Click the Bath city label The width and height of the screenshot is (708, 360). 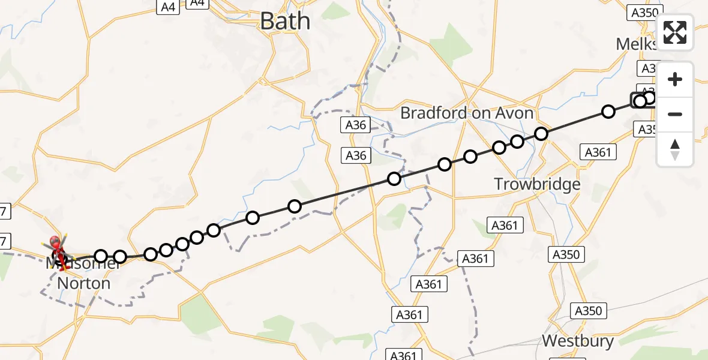coord(285,22)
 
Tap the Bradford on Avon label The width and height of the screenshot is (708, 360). coord(466,113)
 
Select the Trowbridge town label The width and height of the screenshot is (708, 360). coord(537,184)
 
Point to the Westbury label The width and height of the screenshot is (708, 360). coord(577,341)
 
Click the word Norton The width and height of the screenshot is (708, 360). coord(84,283)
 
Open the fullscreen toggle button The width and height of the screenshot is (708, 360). coord(675,32)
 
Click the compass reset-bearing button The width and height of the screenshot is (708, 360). coord(675,149)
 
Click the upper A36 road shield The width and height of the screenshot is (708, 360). coord(356,125)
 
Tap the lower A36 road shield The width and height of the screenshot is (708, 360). coord(356,156)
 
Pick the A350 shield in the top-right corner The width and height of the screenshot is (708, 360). coord(644,12)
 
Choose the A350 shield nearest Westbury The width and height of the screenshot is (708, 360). coord(588,311)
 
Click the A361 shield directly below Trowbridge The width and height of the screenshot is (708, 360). coord(504,226)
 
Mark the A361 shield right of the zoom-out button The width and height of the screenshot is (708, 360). coord(598,152)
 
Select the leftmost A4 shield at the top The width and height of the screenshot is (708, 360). coord(168,7)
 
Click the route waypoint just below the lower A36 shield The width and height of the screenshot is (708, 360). coord(394,178)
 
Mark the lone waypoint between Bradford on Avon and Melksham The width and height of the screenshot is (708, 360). coord(608,111)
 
